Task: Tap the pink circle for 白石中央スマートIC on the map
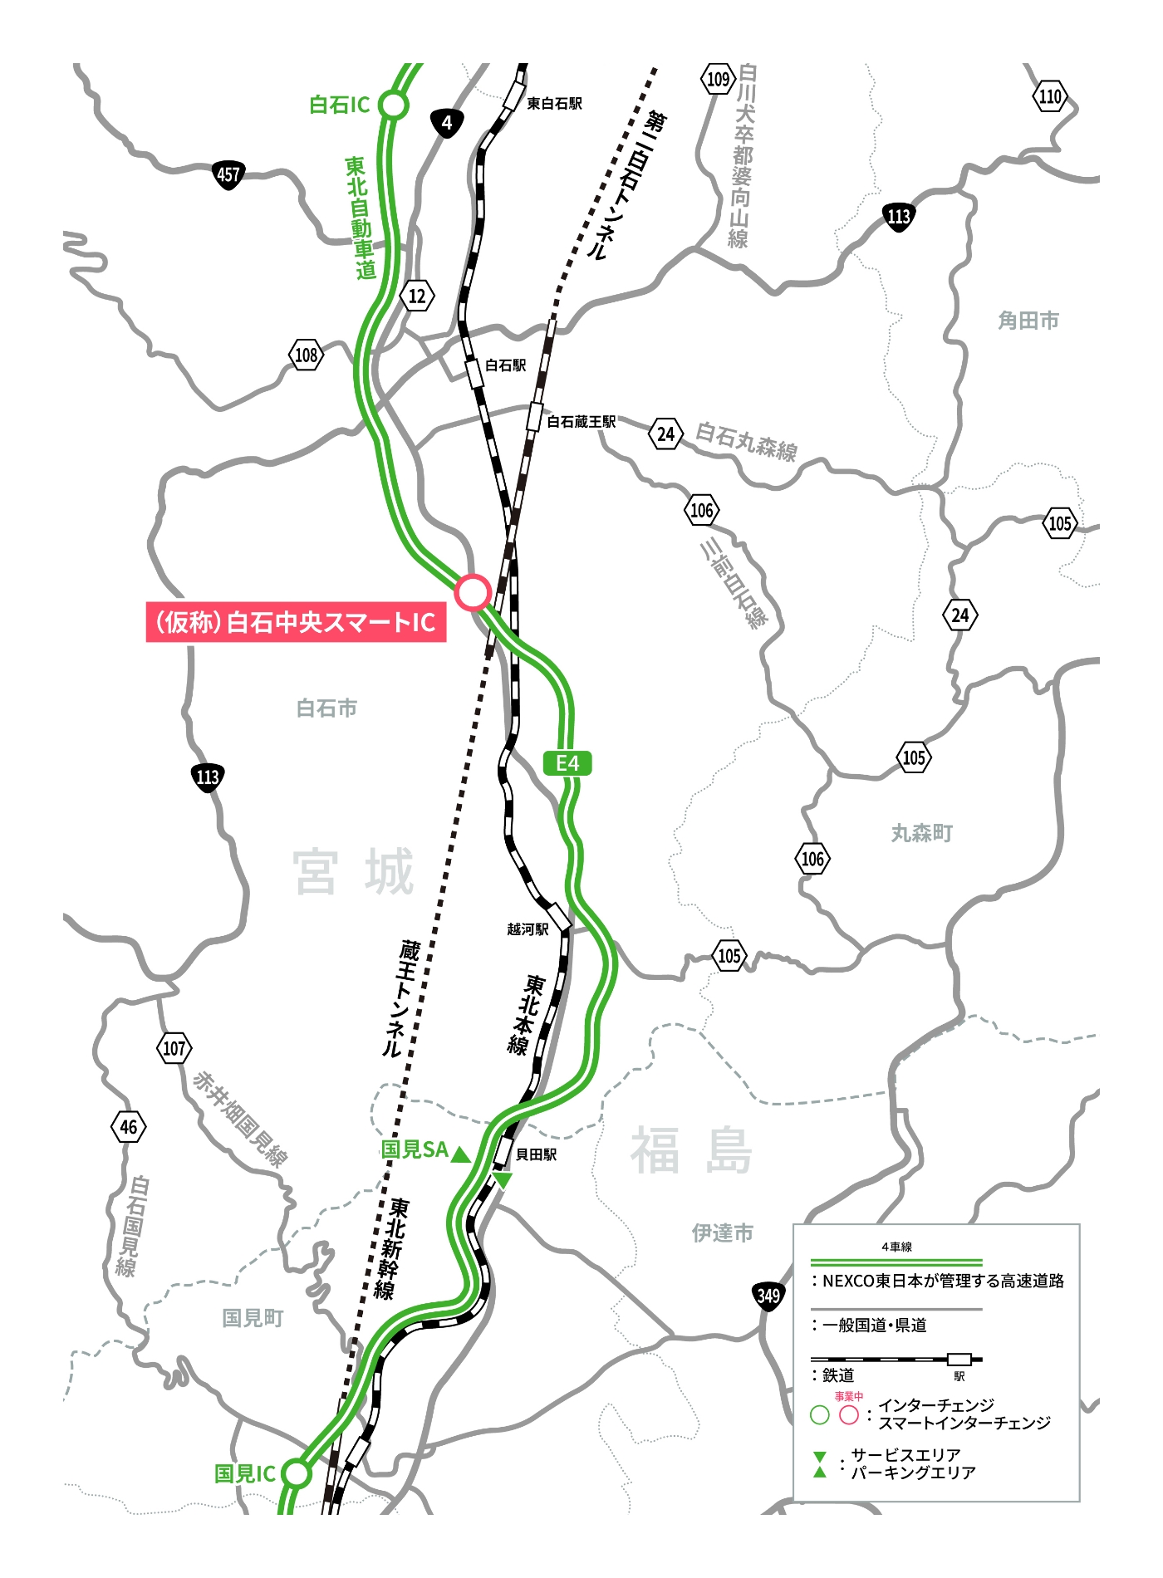[473, 592]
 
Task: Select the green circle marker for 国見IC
[296, 1473]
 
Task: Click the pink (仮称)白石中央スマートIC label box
[296, 622]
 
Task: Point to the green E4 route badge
[567, 763]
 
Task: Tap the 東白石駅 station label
[554, 104]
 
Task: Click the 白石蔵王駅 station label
[581, 422]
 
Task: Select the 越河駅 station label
[528, 929]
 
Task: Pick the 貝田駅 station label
[536, 1154]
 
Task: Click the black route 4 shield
[447, 124]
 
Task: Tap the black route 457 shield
[228, 175]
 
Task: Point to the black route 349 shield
[768, 1296]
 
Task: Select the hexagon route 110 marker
[1050, 96]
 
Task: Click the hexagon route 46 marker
[129, 1127]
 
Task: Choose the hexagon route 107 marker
[174, 1048]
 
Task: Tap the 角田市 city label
[1028, 321]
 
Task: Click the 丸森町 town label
[921, 833]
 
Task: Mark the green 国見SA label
[414, 1149]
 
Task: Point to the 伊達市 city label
[722, 1233]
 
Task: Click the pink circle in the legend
[848, 1415]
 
